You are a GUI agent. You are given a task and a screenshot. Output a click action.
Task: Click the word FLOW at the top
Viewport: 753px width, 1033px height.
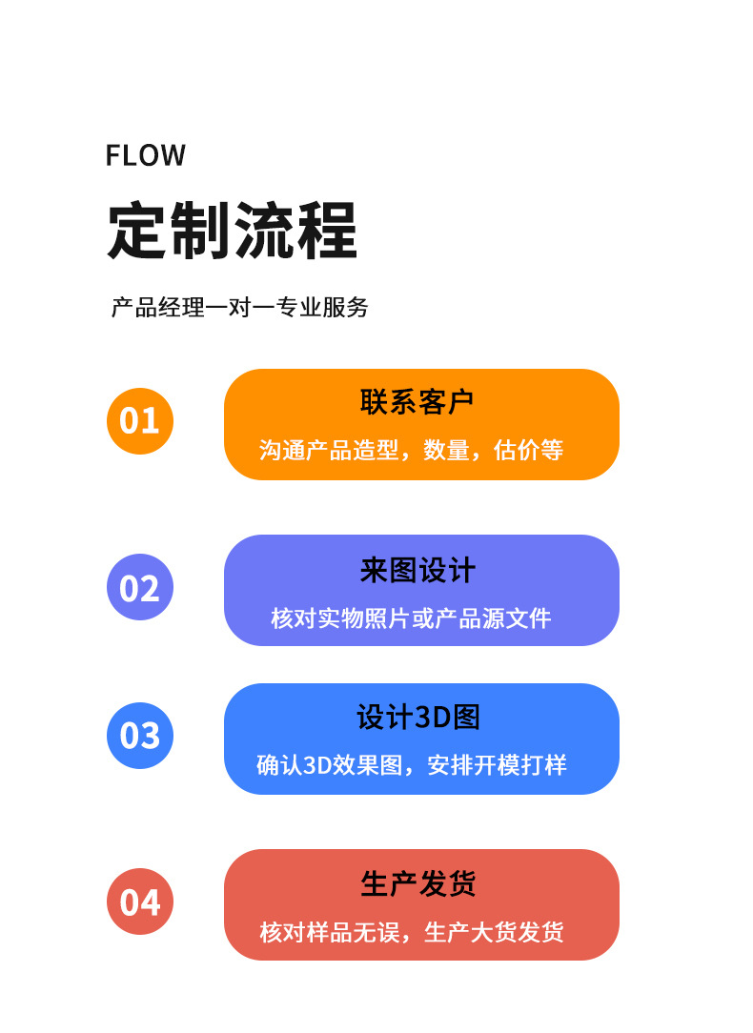point(146,155)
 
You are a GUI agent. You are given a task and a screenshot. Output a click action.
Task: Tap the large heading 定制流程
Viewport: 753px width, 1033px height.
point(232,231)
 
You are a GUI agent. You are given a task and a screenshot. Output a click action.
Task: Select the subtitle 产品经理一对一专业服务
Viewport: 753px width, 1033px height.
point(239,308)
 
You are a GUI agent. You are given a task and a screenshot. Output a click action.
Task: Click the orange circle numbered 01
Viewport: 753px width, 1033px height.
point(140,420)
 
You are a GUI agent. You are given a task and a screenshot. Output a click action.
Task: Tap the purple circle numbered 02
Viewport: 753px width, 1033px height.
point(140,587)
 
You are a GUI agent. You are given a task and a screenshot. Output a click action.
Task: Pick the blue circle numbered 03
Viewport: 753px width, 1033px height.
point(140,735)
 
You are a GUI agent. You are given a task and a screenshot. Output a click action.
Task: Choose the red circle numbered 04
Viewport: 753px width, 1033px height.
point(140,901)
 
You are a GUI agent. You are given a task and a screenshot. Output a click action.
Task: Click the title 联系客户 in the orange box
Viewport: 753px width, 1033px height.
point(417,401)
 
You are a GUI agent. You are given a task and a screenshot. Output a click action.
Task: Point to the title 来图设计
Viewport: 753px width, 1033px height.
point(417,571)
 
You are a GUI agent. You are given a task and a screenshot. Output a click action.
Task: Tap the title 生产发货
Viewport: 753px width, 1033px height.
point(417,883)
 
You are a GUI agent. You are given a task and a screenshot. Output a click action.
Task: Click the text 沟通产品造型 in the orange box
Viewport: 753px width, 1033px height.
point(328,450)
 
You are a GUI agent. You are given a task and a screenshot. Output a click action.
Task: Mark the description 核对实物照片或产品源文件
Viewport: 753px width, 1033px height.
point(411,618)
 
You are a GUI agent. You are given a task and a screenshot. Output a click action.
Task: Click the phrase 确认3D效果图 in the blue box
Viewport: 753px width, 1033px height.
point(330,765)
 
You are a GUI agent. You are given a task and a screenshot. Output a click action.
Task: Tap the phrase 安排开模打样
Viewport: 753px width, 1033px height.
point(497,765)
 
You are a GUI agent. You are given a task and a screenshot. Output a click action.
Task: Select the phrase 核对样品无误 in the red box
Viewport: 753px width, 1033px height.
point(329,932)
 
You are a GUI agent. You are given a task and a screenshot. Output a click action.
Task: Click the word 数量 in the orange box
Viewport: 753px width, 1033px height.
point(446,450)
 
